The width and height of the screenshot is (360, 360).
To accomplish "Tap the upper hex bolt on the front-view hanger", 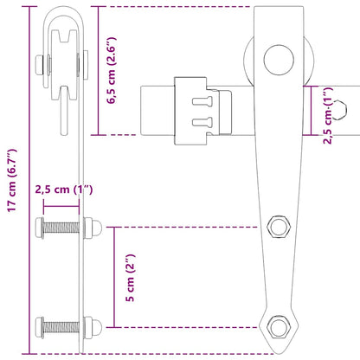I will (x=279, y=226).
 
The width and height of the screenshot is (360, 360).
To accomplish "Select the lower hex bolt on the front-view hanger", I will (x=278, y=327).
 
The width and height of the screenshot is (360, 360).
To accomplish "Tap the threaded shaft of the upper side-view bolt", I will (x=62, y=228).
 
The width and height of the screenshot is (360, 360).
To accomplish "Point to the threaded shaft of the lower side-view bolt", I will (x=62, y=327).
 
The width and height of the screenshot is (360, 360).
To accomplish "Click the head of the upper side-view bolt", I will (x=40, y=228).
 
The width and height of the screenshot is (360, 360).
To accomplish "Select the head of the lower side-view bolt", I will (x=40, y=327).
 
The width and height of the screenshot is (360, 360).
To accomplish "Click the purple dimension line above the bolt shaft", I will (x=62, y=206).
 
